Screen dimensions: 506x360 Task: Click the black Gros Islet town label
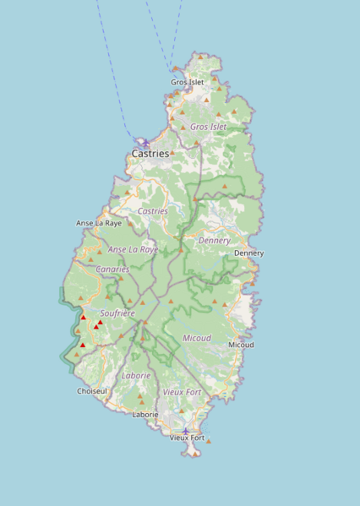(x=187, y=82)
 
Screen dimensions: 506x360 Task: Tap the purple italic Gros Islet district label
(x=208, y=127)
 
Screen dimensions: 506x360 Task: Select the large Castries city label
(x=150, y=154)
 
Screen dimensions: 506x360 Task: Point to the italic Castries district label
(x=152, y=210)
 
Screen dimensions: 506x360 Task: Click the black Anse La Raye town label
(x=99, y=223)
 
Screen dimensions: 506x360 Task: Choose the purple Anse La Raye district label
(x=133, y=250)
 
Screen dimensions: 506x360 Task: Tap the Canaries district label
(x=112, y=269)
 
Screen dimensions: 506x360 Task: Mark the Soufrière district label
(x=117, y=313)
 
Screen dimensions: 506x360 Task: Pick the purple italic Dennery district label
(x=214, y=241)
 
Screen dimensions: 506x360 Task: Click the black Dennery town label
(x=248, y=253)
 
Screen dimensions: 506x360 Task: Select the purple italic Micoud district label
(x=197, y=338)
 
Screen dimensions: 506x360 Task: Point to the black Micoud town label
(x=241, y=345)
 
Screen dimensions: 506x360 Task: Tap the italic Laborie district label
(x=136, y=375)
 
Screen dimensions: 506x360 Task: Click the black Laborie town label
(x=145, y=415)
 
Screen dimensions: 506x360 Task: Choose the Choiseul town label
(x=92, y=391)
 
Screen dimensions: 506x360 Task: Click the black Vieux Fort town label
(x=187, y=438)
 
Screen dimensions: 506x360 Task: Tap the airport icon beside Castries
(x=145, y=143)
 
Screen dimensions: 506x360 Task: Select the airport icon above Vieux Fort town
(x=185, y=430)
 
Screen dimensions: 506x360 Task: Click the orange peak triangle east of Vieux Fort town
(x=209, y=441)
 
